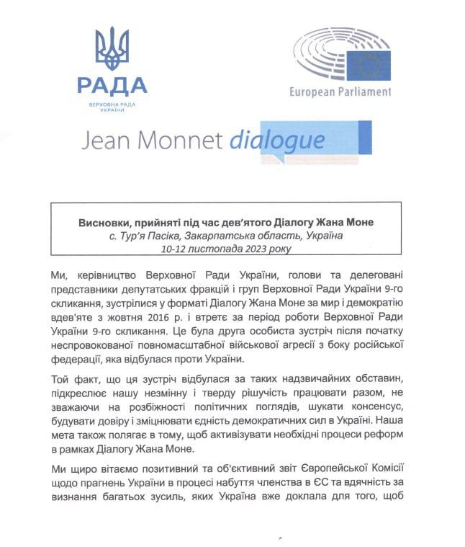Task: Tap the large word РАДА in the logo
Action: coord(112,86)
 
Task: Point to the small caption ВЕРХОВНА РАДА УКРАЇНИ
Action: coord(112,107)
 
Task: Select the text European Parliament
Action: coord(340,92)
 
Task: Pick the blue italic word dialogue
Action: coord(277,140)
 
